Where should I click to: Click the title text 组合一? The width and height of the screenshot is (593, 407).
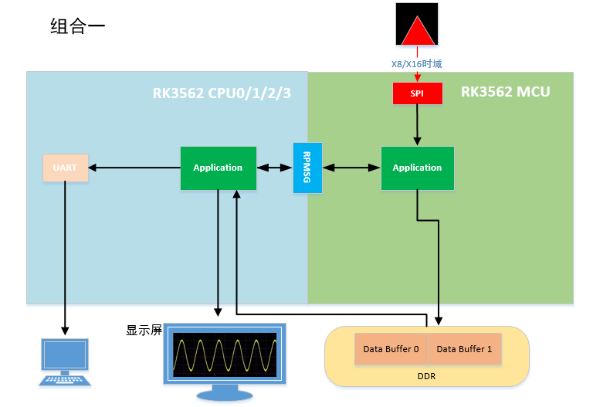click(78, 26)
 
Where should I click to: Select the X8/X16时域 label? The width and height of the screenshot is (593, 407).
click(417, 65)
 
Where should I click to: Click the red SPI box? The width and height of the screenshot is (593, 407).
click(417, 93)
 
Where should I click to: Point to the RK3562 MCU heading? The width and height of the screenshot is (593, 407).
click(505, 92)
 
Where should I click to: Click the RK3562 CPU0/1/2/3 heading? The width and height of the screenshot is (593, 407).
click(225, 93)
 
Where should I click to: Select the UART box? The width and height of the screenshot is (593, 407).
click(65, 168)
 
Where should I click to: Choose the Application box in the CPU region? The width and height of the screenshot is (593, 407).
click(218, 168)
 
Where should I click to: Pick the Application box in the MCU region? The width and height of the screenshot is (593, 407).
click(417, 168)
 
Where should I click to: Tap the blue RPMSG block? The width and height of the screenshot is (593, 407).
click(307, 168)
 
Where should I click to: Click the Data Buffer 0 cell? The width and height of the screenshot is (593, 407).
click(391, 349)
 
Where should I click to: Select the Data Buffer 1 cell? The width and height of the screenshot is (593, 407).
click(464, 349)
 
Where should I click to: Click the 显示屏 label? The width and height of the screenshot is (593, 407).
click(144, 331)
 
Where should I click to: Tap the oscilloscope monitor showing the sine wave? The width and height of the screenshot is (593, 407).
click(225, 355)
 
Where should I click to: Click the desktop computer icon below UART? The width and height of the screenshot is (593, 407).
click(65, 361)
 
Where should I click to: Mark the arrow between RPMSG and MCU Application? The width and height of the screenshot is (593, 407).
click(351, 168)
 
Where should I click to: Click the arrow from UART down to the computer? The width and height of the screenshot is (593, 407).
click(65, 255)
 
